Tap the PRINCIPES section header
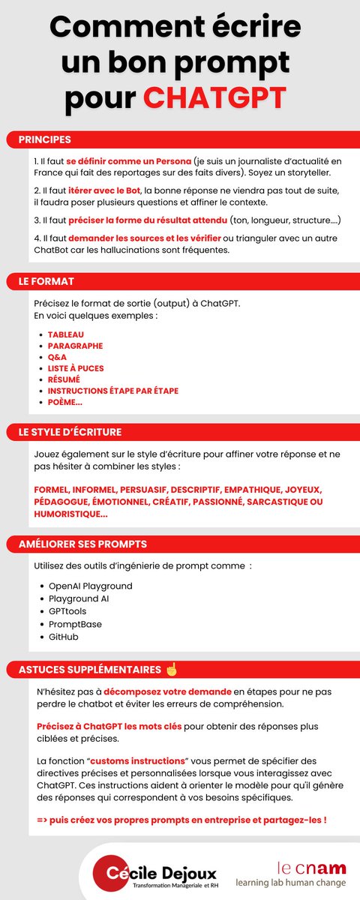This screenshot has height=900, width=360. pyautogui.click(x=45, y=139)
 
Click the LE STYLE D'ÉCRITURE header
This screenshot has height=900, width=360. pyautogui.click(x=70, y=432)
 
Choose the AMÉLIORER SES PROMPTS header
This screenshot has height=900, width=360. pyautogui.click(x=82, y=544)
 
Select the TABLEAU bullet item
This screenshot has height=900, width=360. pyautogui.click(x=66, y=334)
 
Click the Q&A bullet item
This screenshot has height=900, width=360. pyautogui.click(x=57, y=357)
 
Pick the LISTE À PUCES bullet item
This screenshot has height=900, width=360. pyautogui.click(x=76, y=368)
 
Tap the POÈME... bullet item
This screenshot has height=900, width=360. pyautogui.click(x=65, y=402)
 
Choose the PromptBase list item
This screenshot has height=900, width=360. pyautogui.click(x=75, y=624)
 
